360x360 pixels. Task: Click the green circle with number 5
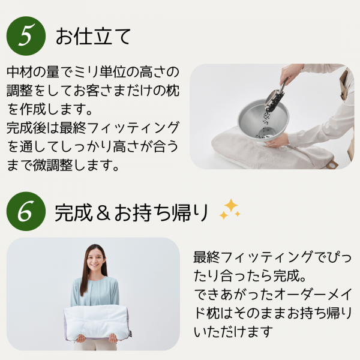pyautogui.click(x=26, y=35)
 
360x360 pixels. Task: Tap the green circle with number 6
pyautogui.click(x=26, y=212)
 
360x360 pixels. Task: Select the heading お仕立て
pyautogui.click(x=93, y=36)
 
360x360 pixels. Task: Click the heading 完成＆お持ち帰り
pyautogui.click(x=131, y=212)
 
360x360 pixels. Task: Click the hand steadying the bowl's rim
pyautogui.click(x=277, y=141)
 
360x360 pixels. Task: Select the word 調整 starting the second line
pyautogui.click(x=22, y=91)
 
